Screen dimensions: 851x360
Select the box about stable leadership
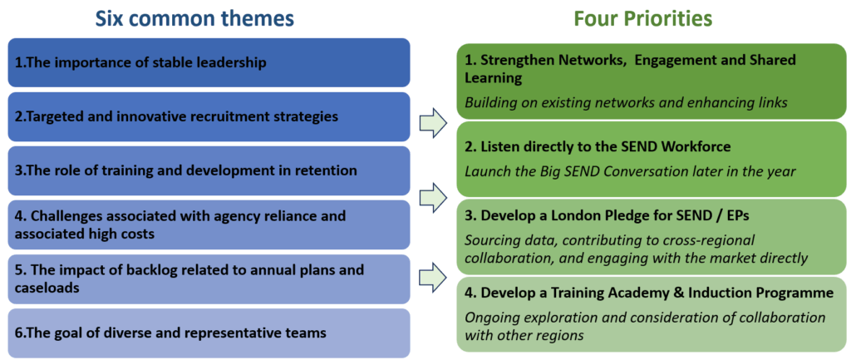[209, 62]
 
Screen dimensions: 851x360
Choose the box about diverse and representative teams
[209, 333]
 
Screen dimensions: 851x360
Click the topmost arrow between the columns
[433, 124]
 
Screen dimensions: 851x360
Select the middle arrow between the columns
[433, 195]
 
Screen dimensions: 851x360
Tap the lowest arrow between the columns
[433, 274]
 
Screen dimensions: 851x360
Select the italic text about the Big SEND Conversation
[630, 171]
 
